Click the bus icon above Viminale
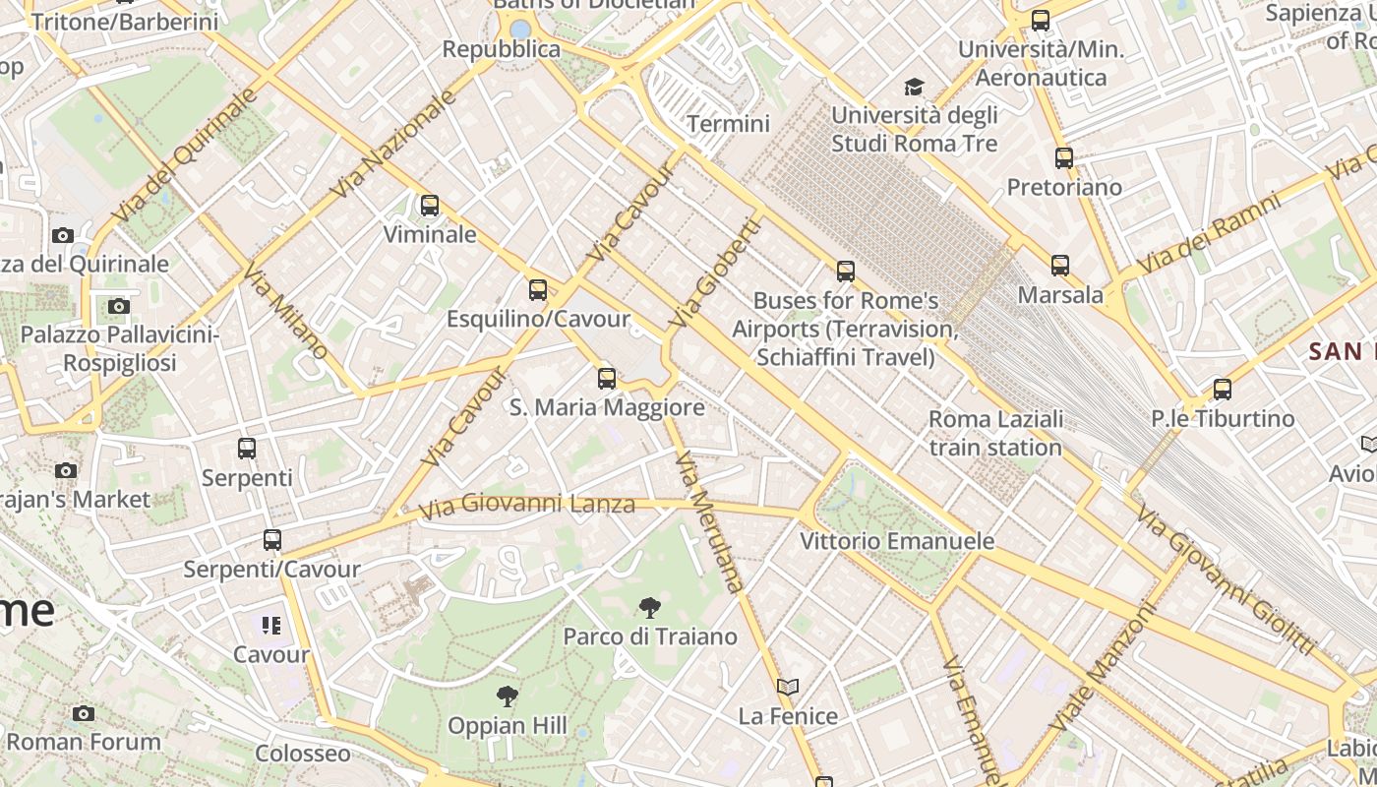point(430,206)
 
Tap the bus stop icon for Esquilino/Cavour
point(537,290)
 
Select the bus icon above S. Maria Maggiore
point(607,378)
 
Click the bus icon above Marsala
point(1059,266)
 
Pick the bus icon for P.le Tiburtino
point(1222,390)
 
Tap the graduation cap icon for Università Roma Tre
point(914,87)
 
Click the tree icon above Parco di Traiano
point(649,607)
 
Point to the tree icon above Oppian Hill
point(507,696)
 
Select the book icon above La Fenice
point(787,687)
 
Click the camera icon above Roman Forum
point(84,713)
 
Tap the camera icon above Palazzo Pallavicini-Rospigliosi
point(119,306)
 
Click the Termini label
point(728,124)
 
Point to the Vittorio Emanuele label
point(896,541)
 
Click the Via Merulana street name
point(710,521)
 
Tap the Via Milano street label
point(285,311)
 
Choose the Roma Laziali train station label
point(995,433)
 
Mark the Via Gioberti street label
point(715,272)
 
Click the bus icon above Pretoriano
point(1063,157)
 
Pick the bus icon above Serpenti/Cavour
point(271,540)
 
